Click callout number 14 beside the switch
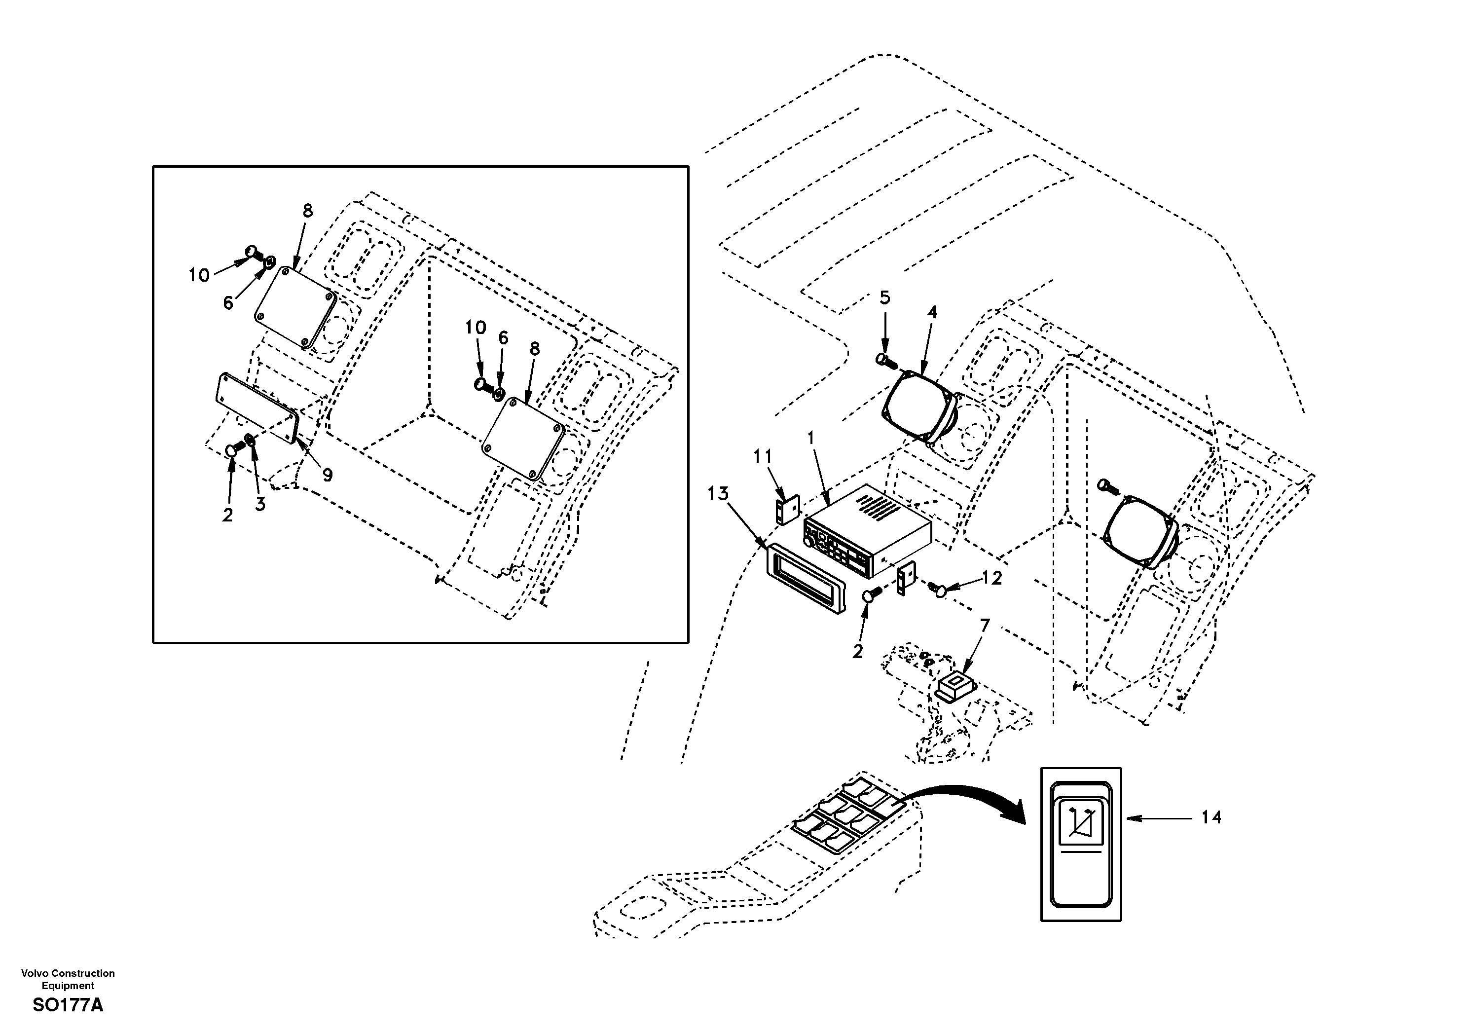[x=1211, y=817]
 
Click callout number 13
[x=718, y=494]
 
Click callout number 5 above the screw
[x=885, y=297]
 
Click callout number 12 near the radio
[x=991, y=578]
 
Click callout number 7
[x=985, y=626]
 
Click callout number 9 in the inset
[x=328, y=475]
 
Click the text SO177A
[x=68, y=1005]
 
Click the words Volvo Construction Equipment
[x=68, y=979]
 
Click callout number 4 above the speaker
[x=932, y=312]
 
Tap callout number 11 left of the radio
[x=763, y=457]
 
